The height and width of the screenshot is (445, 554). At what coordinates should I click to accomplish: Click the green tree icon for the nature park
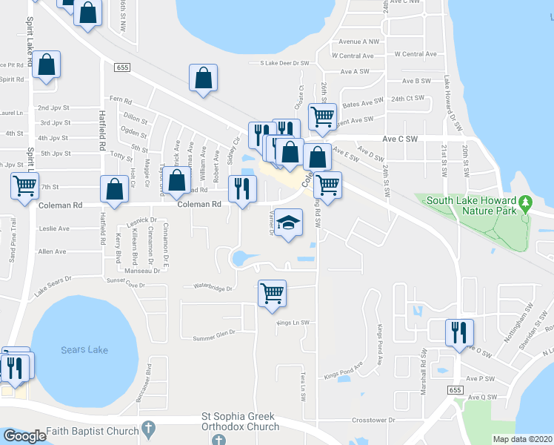pos(525,202)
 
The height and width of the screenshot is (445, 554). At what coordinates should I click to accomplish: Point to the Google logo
pos(24,436)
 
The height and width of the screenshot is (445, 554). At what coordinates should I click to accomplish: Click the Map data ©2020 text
pos(522,439)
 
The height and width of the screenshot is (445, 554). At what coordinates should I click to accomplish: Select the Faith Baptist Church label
pos(92,431)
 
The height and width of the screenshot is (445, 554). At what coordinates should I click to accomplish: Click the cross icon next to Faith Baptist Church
pos(148,429)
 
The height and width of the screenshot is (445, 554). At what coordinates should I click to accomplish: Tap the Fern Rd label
pos(119,99)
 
